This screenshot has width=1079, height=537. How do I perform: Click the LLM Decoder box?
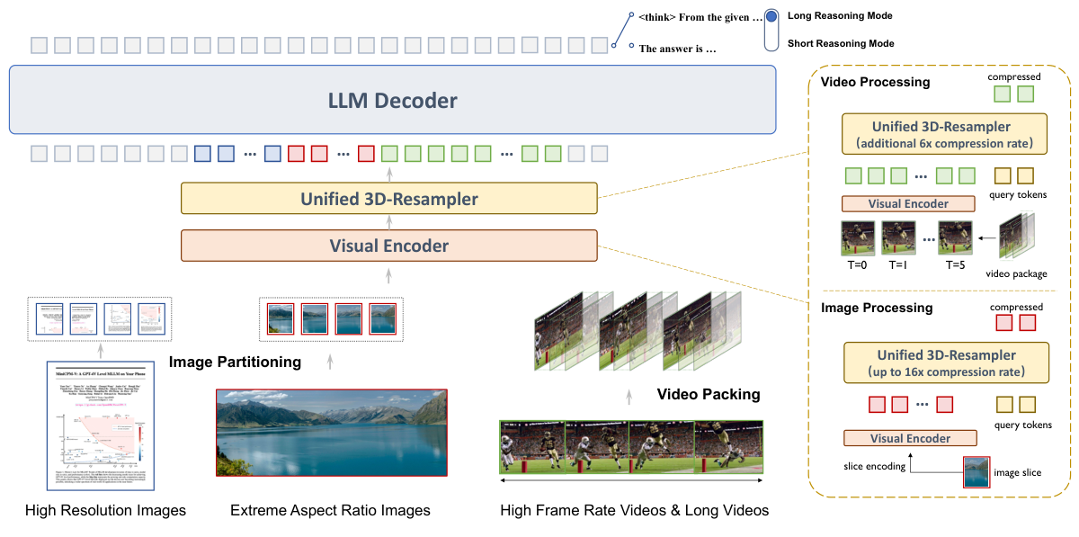392,101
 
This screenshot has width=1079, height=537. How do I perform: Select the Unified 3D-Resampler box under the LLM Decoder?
388,199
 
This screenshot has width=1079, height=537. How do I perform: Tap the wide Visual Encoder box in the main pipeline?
388,245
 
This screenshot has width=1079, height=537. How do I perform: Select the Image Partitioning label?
235,362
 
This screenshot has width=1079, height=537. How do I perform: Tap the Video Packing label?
709,394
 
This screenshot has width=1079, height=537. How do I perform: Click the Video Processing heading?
875,82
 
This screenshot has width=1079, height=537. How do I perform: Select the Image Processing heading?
877,308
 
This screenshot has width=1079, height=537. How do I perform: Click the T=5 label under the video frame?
955,266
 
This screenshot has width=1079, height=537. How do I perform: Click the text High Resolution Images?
105,511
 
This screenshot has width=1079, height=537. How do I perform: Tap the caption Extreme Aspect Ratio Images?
330,511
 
